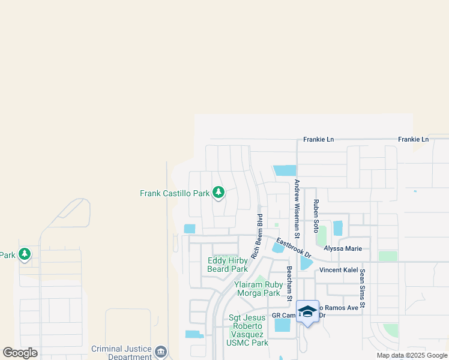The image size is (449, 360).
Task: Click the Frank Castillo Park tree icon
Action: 219,193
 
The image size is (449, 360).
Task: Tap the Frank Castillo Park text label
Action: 175,193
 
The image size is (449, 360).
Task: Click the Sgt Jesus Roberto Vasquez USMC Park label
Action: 249,330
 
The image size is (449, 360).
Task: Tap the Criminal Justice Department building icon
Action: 161,352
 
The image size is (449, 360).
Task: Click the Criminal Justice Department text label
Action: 122,352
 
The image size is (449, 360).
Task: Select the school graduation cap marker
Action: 308,311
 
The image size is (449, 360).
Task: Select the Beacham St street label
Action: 289,284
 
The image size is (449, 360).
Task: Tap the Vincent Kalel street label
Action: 339,270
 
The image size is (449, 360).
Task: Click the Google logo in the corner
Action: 20,353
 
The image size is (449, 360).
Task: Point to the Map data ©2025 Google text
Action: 412,355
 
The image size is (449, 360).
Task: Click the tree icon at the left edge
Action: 24,255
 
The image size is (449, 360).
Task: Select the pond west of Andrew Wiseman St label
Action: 285,170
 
